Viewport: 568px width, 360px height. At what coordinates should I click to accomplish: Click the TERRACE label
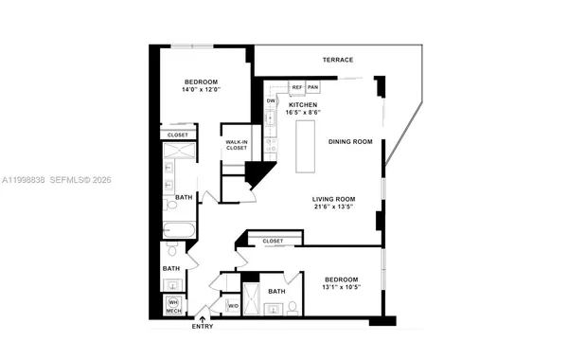pos(337,60)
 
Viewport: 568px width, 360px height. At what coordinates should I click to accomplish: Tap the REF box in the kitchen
pos(296,87)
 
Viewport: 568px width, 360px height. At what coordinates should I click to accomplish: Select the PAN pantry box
pos(312,87)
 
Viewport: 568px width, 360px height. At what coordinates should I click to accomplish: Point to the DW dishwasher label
pos(271,100)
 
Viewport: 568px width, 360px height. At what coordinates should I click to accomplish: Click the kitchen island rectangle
pos(307,147)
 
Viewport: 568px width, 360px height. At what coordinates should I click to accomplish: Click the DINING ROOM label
pos(350,141)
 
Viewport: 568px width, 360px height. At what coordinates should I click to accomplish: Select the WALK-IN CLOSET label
pos(236,145)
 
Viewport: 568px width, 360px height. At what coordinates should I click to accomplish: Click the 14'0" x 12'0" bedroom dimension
pos(202,92)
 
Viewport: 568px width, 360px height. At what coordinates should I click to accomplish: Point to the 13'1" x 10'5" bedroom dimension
pos(342,287)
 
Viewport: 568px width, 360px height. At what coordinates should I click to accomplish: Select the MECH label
pos(173,311)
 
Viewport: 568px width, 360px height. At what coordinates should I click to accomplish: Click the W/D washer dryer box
pos(233,306)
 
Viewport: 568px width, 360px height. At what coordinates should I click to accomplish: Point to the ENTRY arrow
pos(202,319)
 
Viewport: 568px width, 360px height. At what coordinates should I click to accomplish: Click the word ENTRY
pos(202,327)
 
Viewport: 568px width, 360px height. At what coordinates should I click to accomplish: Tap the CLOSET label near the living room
pos(274,242)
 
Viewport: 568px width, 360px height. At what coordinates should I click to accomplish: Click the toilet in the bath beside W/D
pos(293,305)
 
